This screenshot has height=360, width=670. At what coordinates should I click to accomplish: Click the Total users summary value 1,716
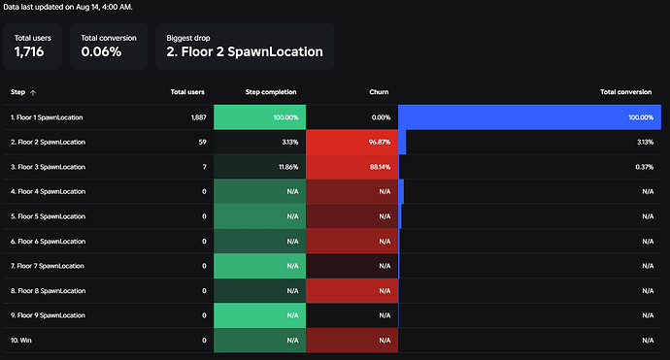(29, 51)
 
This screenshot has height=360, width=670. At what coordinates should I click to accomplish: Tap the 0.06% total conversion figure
(101, 51)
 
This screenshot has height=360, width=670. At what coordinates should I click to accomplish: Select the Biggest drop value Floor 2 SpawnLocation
(245, 51)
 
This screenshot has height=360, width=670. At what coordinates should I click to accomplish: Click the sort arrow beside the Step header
(33, 92)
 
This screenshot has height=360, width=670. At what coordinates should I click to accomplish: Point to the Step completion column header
(271, 92)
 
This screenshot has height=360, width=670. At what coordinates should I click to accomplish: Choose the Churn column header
(379, 92)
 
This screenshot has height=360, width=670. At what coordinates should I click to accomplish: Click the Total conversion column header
(626, 92)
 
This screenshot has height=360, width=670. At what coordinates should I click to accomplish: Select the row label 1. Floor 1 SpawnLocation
(47, 117)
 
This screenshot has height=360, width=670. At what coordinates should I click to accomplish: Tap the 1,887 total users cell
(199, 117)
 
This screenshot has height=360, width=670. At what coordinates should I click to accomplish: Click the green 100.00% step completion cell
(260, 117)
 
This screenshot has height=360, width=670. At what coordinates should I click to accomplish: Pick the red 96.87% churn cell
(352, 142)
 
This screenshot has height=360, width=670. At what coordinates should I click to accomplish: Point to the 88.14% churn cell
(352, 167)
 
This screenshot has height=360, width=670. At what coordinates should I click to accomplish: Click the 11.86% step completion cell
(260, 167)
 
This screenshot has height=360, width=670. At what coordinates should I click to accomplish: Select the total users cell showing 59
(203, 142)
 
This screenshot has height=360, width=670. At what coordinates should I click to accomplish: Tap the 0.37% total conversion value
(645, 167)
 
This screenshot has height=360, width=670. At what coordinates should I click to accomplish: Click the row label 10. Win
(21, 341)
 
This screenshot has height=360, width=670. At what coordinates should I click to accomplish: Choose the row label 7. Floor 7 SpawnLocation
(48, 266)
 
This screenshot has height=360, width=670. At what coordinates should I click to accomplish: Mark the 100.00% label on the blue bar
(641, 117)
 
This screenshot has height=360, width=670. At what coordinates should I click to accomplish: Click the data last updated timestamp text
(68, 7)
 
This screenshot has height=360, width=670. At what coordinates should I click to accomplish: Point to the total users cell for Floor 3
(204, 167)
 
